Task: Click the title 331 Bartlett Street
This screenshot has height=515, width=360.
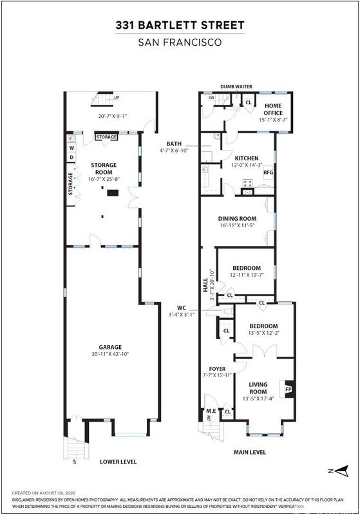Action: click(x=180, y=25)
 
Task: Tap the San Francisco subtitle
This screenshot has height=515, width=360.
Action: click(x=180, y=42)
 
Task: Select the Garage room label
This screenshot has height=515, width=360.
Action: click(x=110, y=347)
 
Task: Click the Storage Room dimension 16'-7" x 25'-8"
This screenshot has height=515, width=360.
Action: click(x=104, y=180)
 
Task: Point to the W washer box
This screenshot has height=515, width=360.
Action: click(x=71, y=148)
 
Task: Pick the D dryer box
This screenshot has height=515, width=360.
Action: click(x=71, y=158)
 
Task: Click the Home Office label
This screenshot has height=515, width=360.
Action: click(x=273, y=109)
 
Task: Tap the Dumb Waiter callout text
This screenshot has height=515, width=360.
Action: click(x=236, y=86)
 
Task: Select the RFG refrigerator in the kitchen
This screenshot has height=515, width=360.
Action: click(x=269, y=172)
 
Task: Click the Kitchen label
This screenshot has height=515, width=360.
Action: click(x=247, y=158)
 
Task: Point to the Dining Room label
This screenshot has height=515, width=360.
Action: click(x=238, y=218)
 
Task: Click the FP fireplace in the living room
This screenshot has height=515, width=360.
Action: click(x=289, y=389)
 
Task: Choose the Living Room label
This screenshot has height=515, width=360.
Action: click(x=258, y=388)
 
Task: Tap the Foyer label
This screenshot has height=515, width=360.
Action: click(x=218, y=369)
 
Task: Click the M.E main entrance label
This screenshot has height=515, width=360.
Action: click(x=211, y=411)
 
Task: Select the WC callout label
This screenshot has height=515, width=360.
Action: click(x=182, y=308)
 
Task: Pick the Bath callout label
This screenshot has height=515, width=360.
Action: click(x=174, y=144)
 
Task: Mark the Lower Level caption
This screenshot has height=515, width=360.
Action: click(x=118, y=462)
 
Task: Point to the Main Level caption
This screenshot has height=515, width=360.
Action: click(x=250, y=452)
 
